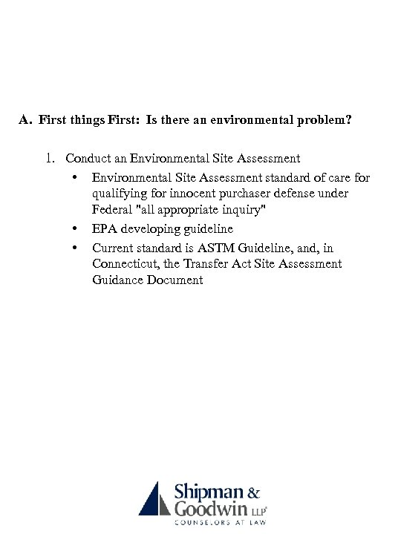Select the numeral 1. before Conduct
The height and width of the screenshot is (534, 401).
[50, 158]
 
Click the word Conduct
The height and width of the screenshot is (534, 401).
[88, 158]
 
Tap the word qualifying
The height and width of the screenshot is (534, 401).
[119, 194]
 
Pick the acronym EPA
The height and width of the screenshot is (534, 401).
[105, 229]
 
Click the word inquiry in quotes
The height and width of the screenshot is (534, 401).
[243, 211]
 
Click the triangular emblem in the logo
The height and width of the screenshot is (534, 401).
[154, 498]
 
